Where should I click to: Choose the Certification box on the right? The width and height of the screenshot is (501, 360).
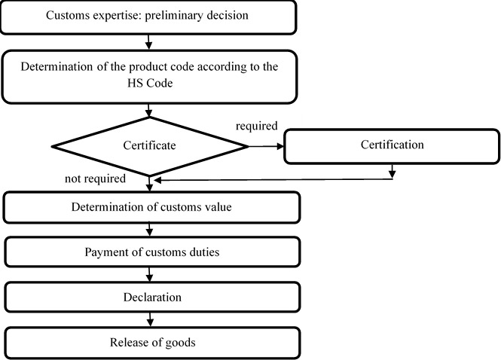tap(391, 145)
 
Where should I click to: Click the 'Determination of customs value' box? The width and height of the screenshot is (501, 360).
tap(152, 207)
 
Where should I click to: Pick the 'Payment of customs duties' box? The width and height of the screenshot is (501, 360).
tap(152, 252)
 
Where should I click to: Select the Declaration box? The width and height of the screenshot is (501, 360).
tap(152, 297)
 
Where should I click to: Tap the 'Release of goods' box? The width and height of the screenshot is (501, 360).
tap(152, 343)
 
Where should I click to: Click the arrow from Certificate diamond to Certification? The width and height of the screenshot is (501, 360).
tap(266, 146)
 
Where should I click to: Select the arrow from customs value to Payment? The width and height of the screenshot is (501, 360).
tap(152, 230)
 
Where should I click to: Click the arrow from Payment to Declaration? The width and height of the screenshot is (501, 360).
tap(152, 275)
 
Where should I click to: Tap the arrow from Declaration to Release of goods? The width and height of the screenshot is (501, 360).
tap(152, 320)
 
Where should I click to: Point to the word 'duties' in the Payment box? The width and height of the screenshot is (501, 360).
tap(203, 252)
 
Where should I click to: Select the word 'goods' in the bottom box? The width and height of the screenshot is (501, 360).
tap(181, 343)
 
